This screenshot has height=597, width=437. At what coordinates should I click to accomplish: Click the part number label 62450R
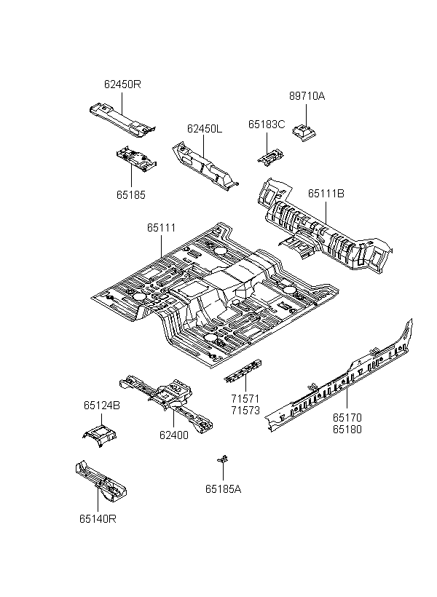[x=122, y=84]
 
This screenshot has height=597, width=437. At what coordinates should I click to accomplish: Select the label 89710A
[x=307, y=96]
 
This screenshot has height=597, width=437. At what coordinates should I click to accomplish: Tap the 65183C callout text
[x=267, y=124]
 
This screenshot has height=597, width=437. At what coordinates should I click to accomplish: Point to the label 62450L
[x=204, y=129]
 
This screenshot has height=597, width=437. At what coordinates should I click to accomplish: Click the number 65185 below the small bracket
[x=131, y=195]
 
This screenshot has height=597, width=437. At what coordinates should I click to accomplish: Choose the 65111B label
[x=326, y=194]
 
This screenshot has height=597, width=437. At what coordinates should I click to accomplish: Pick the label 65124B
[x=102, y=406]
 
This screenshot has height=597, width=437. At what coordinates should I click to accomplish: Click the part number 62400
[x=174, y=435]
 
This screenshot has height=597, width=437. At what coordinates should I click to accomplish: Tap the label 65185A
[x=224, y=489]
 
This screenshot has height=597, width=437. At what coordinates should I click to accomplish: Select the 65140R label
[x=98, y=518]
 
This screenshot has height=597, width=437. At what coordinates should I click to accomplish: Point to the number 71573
[x=245, y=411]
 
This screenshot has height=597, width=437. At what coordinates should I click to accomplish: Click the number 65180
[x=347, y=429]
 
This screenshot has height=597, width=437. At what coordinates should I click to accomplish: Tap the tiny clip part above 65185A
[x=223, y=459]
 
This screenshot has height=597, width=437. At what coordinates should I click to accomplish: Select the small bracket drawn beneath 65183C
[x=270, y=157]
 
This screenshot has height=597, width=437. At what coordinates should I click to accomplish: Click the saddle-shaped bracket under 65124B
[x=100, y=435]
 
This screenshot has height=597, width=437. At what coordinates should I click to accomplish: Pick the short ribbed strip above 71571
[x=243, y=371]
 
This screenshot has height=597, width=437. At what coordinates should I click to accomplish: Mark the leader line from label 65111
[x=162, y=246]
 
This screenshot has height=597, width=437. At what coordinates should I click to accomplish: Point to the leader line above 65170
[x=347, y=398]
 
